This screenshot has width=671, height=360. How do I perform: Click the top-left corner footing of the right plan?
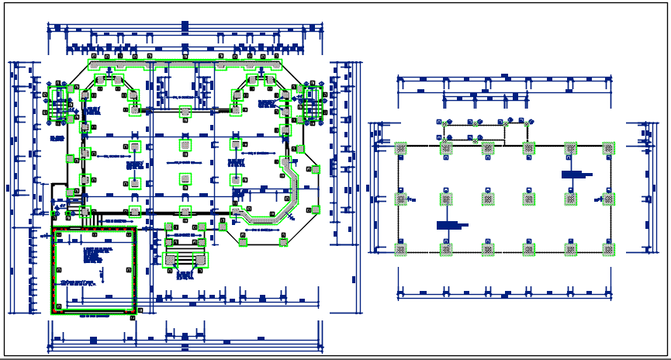click(x=401, y=148)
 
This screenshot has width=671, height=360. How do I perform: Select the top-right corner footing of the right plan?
click(x=609, y=148)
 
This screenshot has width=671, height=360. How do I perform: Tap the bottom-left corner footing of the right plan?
click(x=401, y=249)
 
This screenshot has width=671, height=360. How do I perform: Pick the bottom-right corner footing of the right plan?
click(x=609, y=249)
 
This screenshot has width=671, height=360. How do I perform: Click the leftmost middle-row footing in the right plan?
click(x=401, y=199)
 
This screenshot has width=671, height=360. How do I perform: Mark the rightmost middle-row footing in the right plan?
click(x=609, y=199)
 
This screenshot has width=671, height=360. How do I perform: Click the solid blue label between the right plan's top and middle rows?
click(x=572, y=175)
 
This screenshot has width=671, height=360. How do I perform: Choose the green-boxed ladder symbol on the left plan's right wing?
click(x=312, y=103)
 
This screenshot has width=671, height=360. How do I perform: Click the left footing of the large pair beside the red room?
click(x=175, y=258)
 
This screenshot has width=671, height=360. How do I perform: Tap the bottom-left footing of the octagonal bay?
click(x=243, y=241)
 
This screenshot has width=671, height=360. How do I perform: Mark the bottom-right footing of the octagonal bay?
click(x=282, y=241)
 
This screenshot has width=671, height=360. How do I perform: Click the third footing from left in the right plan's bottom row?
click(x=488, y=249)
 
